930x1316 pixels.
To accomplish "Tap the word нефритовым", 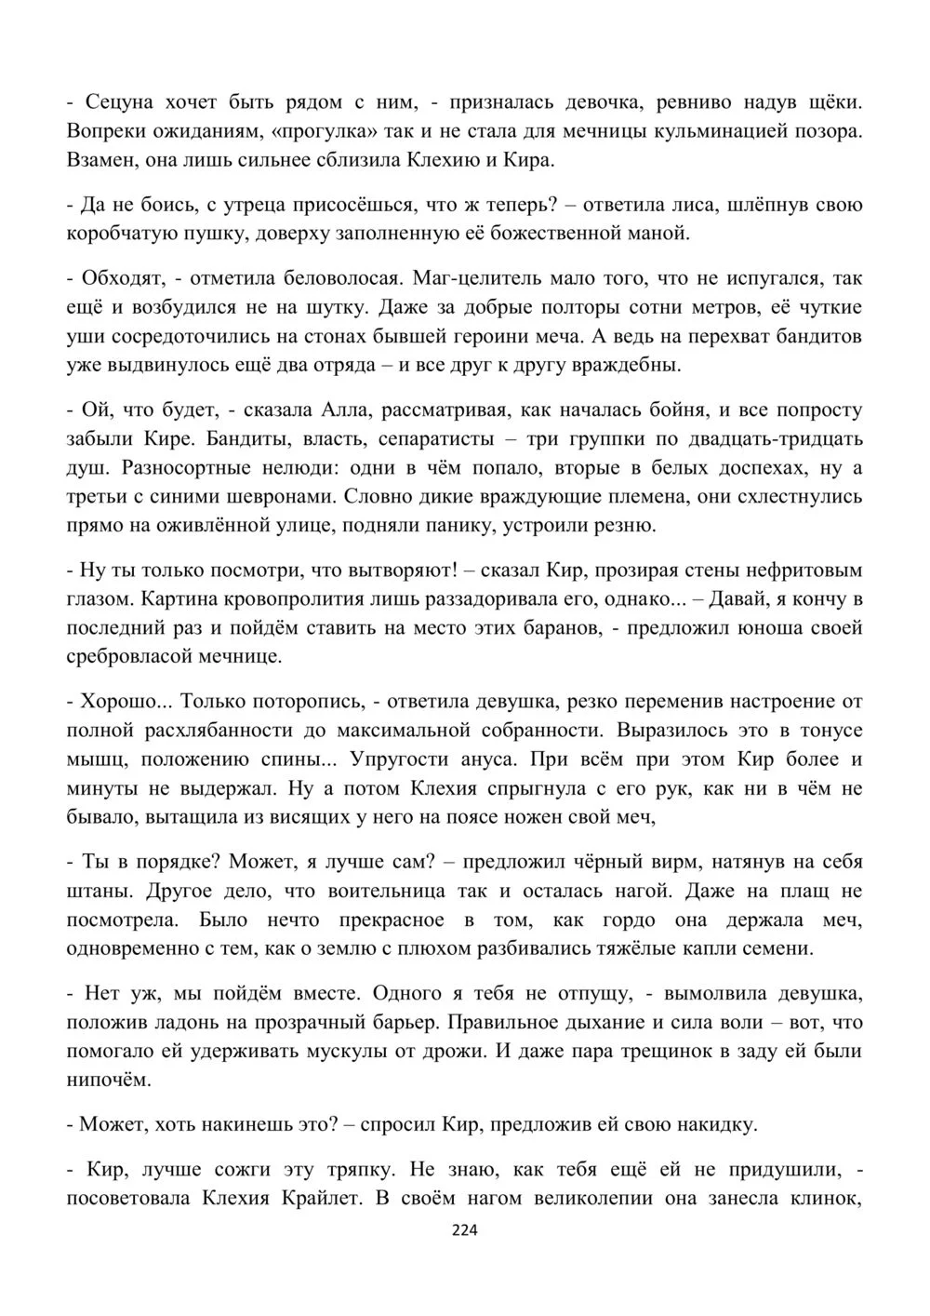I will point(786,570).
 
